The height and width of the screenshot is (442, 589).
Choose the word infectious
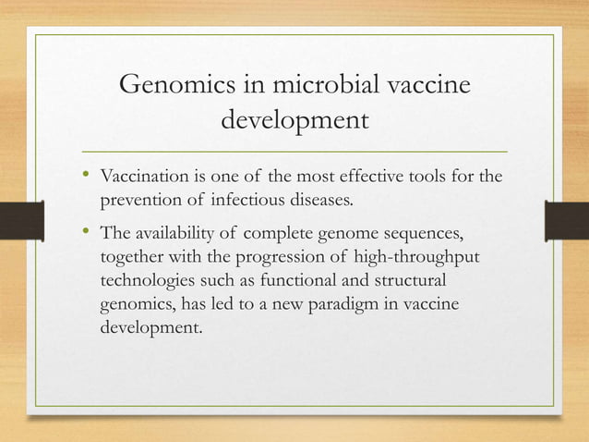[248, 199]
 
